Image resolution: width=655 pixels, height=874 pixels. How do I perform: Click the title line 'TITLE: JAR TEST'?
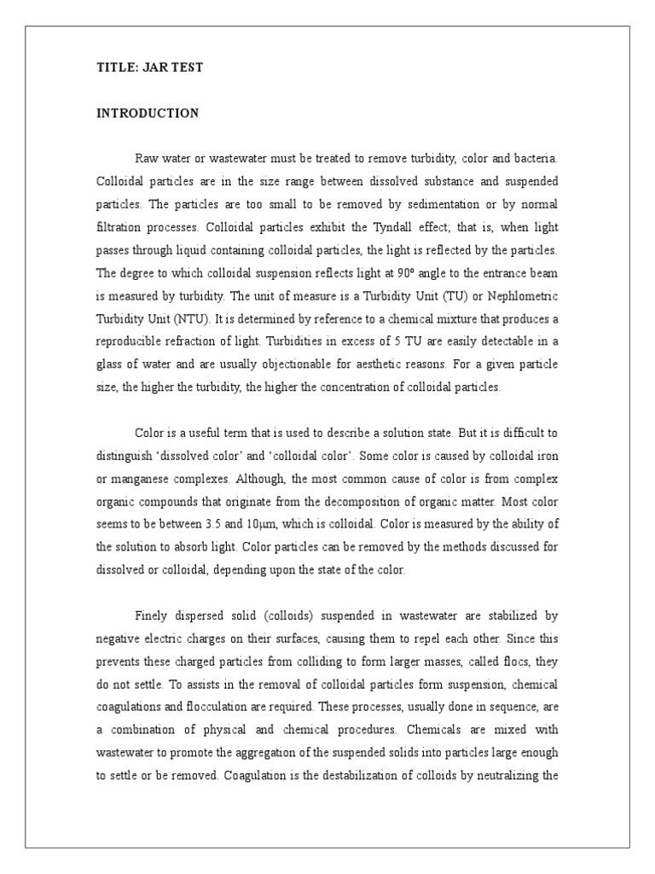(149, 67)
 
